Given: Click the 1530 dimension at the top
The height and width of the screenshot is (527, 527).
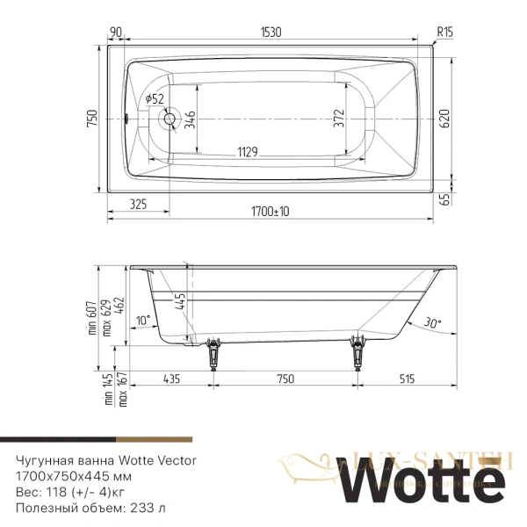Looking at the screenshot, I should click(x=271, y=32).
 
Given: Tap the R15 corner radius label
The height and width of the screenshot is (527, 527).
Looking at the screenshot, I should click(x=444, y=32).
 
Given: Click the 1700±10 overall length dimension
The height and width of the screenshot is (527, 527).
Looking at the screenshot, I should click(x=270, y=211).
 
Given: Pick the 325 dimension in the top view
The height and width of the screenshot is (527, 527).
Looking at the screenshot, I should click(x=136, y=204).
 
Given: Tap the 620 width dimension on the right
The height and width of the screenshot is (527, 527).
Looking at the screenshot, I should click(x=444, y=118).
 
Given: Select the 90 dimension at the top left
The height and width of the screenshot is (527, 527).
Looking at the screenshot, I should click(x=115, y=32).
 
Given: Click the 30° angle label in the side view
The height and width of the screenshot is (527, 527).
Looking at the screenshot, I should click(x=431, y=322).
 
